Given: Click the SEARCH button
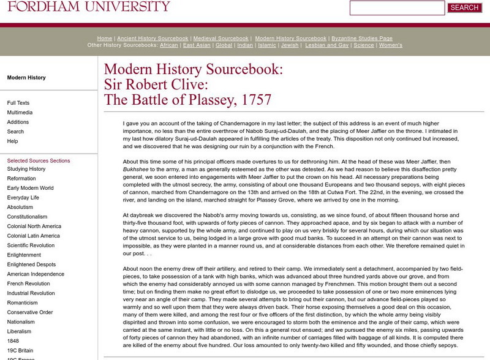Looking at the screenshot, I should click(x=464, y=8).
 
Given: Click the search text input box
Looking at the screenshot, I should click(x=397, y=8).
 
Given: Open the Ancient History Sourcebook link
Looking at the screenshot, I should click(x=146, y=38).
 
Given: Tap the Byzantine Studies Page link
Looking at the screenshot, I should click(x=361, y=38).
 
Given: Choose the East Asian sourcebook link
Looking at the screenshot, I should click(x=197, y=45).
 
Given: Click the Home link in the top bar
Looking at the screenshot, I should click(x=105, y=38).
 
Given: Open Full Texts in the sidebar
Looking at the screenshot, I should click(x=18, y=103).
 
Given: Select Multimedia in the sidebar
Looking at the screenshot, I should click(x=20, y=113).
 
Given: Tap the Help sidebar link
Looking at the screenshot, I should click(x=13, y=141).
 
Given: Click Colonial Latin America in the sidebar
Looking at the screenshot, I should click(x=34, y=236).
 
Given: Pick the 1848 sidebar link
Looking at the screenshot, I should click(x=13, y=340).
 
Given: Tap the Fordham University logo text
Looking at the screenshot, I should click(x=85, y=7).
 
